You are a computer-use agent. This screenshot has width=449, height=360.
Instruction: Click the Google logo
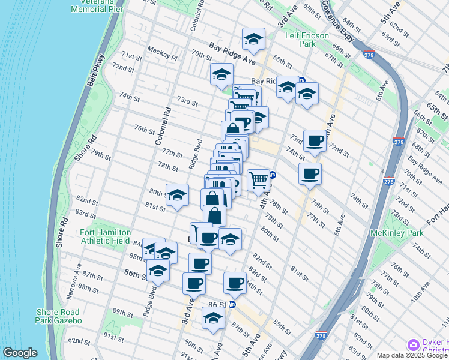pyautogui.click(x=20, y=353)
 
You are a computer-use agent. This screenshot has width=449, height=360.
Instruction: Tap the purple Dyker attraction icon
pyautogui.click(x=413, y=344)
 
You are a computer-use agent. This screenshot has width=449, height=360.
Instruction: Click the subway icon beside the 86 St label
pyautogui.click(x=232, y=304)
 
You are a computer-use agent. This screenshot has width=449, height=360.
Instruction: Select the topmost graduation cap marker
pyautogui.click(x=253, y=40)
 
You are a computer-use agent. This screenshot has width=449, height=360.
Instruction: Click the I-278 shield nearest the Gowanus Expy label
pyautogui.click(x=368, y=55)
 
